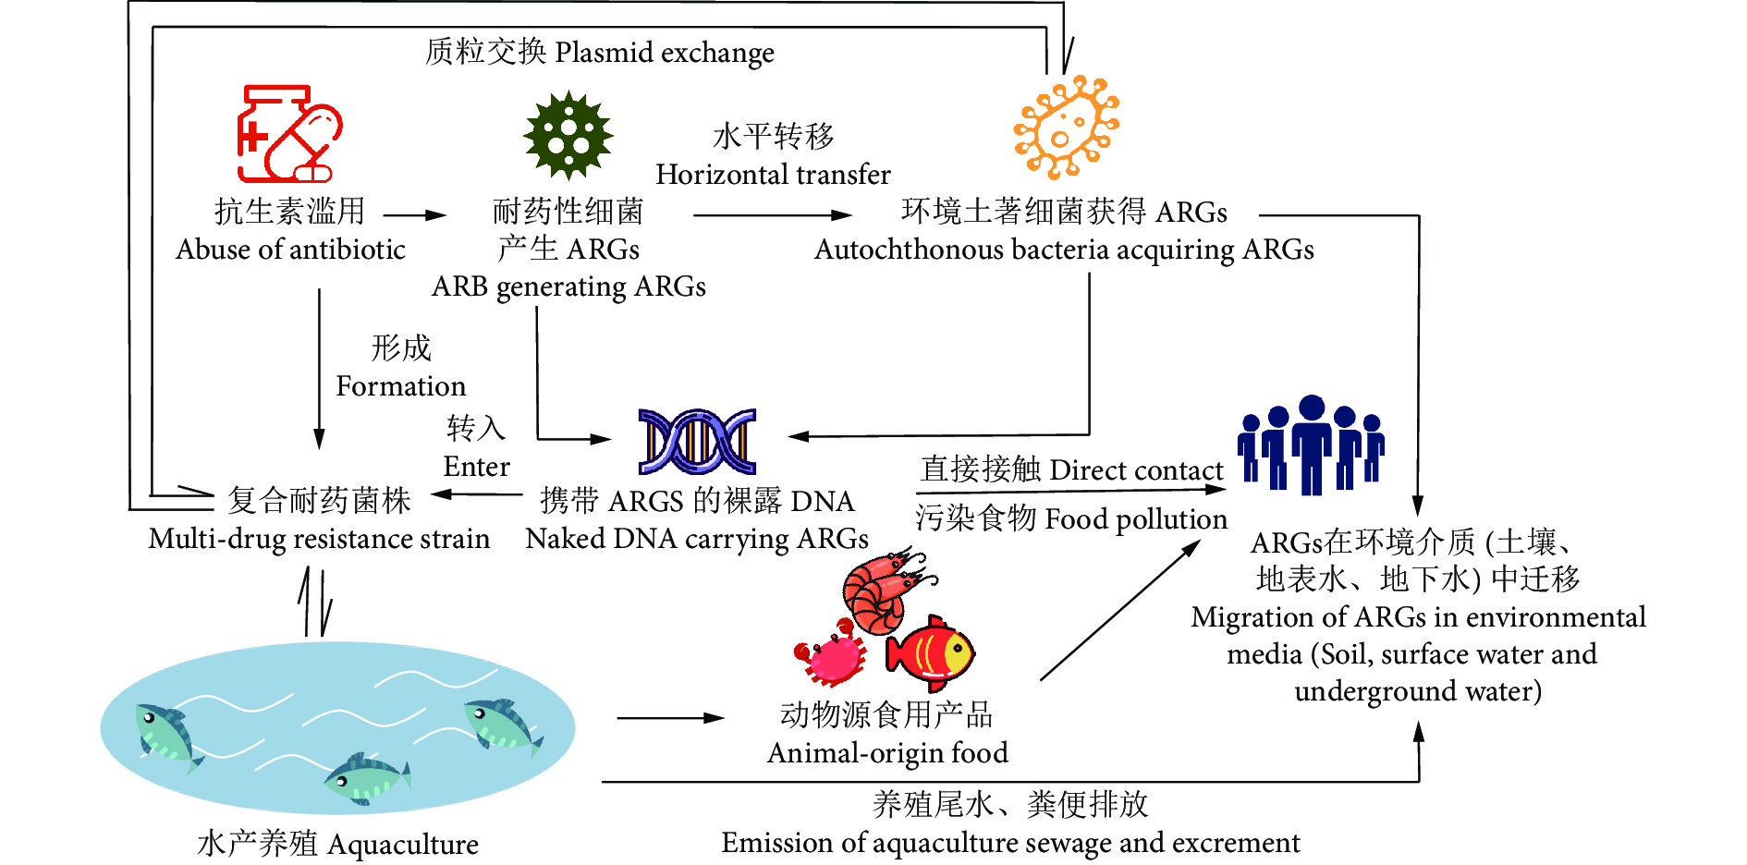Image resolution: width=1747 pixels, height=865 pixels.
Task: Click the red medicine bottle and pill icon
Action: click(288, 135)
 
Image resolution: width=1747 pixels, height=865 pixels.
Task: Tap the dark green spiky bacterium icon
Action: click(568, 136)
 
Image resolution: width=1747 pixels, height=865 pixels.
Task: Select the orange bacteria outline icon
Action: click(1066, 128)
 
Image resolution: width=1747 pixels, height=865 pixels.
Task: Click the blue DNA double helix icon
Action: click(697, 441)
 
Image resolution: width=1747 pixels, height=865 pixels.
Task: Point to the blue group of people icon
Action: click(1311, 445)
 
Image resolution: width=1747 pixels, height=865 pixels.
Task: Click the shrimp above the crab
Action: click(883, 588)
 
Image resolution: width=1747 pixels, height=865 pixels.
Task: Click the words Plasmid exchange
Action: click(664, 53)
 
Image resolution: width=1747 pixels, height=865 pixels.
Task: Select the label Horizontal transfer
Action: click(773, 174)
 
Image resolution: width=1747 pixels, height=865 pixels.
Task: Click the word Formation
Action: click(400, 385)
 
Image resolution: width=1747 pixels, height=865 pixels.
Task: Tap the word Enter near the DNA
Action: click(476, 466)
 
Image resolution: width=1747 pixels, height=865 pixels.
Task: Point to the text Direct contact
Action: click(1136, 470)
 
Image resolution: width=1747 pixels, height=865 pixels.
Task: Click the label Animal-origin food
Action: click(887, 753)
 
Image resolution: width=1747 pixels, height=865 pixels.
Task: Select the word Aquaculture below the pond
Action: click(403, 845)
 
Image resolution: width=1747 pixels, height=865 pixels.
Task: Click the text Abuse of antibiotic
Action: click(290, 250)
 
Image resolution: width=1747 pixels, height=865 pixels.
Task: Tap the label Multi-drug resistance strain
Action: click(319, 539)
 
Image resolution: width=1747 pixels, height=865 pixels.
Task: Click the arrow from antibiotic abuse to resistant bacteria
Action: click(414, 215)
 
